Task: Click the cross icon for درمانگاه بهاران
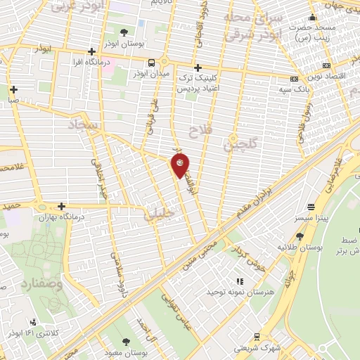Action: (x=63, y=207)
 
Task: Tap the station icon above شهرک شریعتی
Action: (x=257, y=336)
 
